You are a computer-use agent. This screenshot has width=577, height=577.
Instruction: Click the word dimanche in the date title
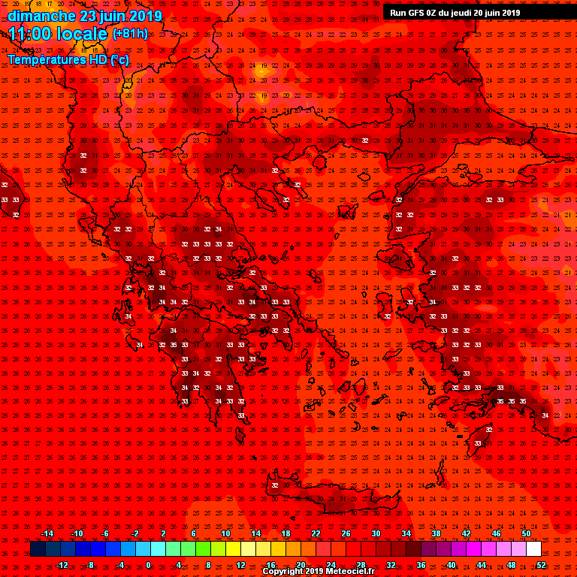pos(42,15)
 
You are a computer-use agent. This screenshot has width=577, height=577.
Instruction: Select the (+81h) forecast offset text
pos(130,34)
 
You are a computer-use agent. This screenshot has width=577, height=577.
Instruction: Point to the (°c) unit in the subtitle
pos(119,59)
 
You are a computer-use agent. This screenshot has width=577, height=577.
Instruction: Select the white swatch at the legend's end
pos(533,549)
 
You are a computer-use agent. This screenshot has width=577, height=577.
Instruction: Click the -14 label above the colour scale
pos(47,533)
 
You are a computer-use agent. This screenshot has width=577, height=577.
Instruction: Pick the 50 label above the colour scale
pos(526,533)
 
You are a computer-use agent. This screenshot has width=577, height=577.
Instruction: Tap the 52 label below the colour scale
pos(541,565)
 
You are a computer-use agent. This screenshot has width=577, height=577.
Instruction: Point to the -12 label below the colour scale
pos(62,565)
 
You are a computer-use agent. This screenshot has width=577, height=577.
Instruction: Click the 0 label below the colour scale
pos(148,565)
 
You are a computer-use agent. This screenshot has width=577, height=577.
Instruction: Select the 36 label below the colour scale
pos(421,565)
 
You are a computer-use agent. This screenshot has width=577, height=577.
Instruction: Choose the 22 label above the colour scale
pos(316,533)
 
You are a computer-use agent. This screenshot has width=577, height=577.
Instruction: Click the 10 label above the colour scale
pos(225,533)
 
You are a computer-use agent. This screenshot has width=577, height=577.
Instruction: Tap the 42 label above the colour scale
pos(466,533)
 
